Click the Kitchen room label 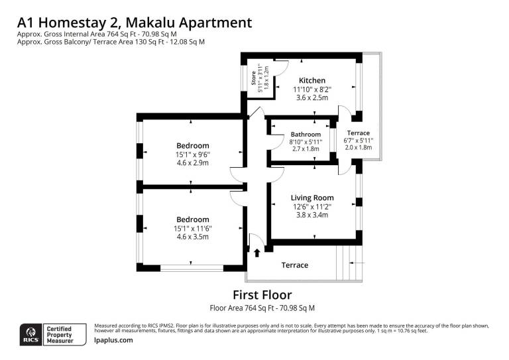click(x=312, y=80)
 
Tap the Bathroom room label click(x=306, y=135)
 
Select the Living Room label click(x=312, y=198)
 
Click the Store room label click(x=254, y=78)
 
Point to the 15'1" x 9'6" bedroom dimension click(x=193, y=154)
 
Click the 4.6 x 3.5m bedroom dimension click(x=193, y=237)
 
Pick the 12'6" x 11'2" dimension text click(x=312, y=207)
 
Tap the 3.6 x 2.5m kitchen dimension click(x=312, y=97)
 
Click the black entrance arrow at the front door click(x=257, y=253)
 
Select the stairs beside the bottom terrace click(x=349, y=263)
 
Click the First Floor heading click(x=262, y=295)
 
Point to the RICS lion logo click(x=31, y=335)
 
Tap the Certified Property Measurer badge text click(x=60, y=335)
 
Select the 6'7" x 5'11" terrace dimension click(x=359, y=141)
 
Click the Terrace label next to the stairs click(x=295, y=265)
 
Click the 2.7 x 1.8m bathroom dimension click(x=306, y=149)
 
